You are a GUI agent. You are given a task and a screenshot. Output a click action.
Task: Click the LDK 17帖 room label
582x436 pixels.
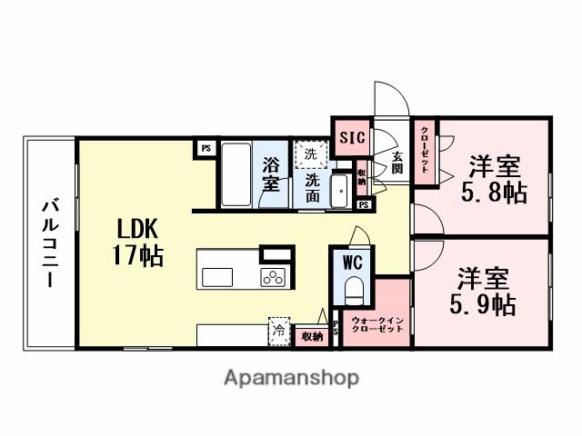137,242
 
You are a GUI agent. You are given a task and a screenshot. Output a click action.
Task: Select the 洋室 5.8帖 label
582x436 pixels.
495,180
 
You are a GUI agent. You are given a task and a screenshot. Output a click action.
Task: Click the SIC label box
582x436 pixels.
352,138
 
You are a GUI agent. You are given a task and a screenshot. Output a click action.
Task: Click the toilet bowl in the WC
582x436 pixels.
354,290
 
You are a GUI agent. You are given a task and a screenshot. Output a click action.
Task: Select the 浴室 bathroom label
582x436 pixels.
271,173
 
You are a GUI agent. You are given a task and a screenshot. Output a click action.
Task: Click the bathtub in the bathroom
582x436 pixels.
236,173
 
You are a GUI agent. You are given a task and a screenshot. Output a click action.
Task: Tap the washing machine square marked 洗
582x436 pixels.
311,154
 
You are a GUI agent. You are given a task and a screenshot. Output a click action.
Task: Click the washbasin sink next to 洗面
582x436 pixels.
339,190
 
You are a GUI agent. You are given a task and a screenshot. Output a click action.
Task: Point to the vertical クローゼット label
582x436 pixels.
425,152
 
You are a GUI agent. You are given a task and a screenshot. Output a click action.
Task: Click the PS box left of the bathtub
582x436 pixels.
206,147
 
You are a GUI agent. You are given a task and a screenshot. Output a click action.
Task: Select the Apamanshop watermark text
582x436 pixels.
291,377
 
